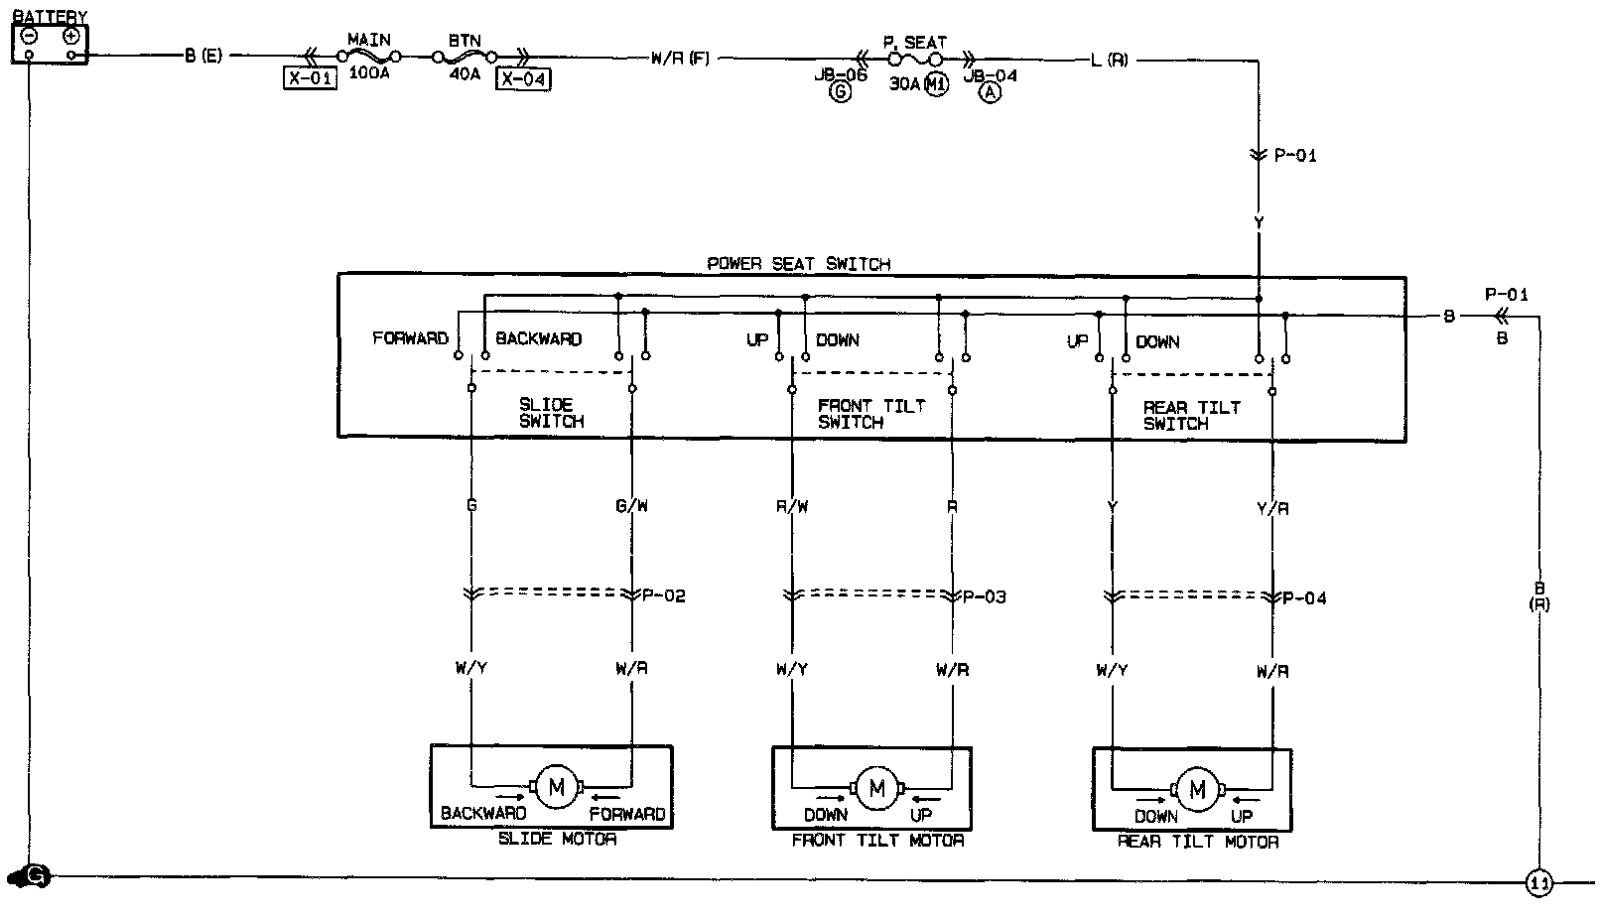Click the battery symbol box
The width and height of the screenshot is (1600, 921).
pyautogui.click(x=50, y=44)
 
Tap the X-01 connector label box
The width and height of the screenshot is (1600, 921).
pyautogui.click(x=310, y=79)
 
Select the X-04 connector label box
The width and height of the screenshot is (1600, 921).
pyautogui.click(x=524, y=79)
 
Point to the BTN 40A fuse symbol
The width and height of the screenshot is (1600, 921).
pyautogui.click(x=465, y=59)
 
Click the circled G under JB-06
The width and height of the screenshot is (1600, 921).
pyautogui.click(x=841, y=94)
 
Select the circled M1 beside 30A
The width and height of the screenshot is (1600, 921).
pyautogui.click(x=936, y=84)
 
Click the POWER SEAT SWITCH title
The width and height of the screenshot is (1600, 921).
pyautogui.click(x=798, y=264)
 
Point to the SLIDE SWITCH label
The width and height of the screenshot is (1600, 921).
pyautogui.click(x=550, y=413)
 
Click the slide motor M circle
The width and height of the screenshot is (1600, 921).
pyautogui.click(x=556, y=788)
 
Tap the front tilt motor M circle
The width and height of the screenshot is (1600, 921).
pyautogui.click(x=876, y=789)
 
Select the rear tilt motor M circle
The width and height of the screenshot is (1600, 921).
pyautogui.click(x=1197, y=790)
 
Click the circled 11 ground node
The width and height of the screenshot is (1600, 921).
pyautogui.click(x=1538, y=882)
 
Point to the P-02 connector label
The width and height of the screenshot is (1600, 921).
pyautogui.click(x=663, y=595)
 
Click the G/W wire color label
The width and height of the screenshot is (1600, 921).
pyautogui.click(x=631, y=506)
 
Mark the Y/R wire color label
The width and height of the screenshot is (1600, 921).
pyautogui.click(x=1272, y=509)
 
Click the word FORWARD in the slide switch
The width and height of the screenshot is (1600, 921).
pyautogui.click(x=410, y=338)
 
